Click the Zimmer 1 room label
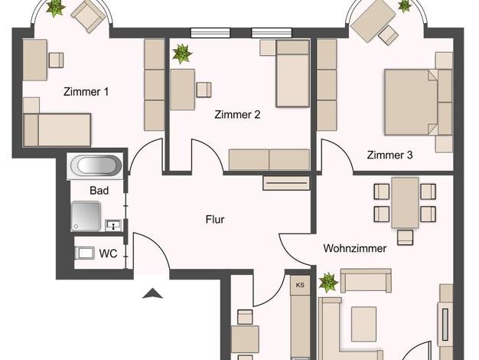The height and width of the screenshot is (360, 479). tap(86, 91)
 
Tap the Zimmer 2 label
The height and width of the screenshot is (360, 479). tap(237, 114)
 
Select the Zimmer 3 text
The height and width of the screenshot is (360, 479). tap(389, 155)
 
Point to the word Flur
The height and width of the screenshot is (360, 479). tap(215, 219)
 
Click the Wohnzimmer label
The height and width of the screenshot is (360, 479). tap(355, 248)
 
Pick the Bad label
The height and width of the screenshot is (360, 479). tap(99, 191)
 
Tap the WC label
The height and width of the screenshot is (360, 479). tap(108, 254)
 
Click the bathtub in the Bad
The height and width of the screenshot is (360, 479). tap(96, 165)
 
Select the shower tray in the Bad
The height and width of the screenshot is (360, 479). tap(86, 216)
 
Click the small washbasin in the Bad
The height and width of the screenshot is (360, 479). tap(113, 225)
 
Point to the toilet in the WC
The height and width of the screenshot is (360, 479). tap(85, 253)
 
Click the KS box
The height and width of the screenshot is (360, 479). tap(300, 285)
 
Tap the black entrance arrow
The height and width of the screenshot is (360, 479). tap(152, 293)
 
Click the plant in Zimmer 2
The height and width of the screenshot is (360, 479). tap(182, 54)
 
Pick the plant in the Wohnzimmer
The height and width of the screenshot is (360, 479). tap(328, 283)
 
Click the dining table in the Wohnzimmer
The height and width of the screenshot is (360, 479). tap(405, 202)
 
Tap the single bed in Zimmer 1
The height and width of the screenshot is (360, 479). tap(57, 130)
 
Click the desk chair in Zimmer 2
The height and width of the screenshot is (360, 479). tap(204, 90)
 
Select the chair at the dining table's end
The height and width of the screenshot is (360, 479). tap(405, 237)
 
